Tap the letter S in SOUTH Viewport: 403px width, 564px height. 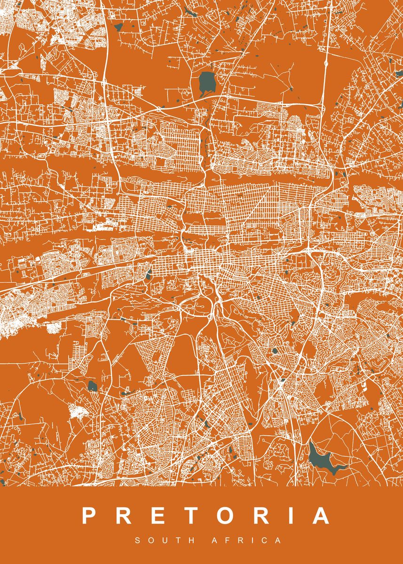click(138, 540)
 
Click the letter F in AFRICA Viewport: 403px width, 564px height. click(228, 540)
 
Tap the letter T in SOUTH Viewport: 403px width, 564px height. click(175, 540)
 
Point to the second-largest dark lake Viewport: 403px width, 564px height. click(207, 82)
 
